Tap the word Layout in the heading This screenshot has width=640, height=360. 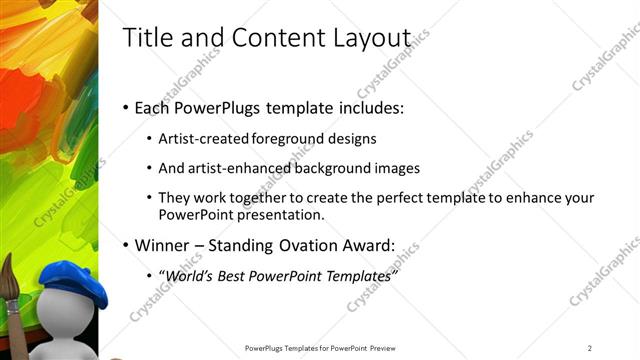click(x=372, y=39)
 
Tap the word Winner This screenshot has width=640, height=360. click(x=163, y=245)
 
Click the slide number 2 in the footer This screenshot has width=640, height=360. click(x=590, y=347)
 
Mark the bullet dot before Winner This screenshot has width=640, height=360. click(x=125, y=246)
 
